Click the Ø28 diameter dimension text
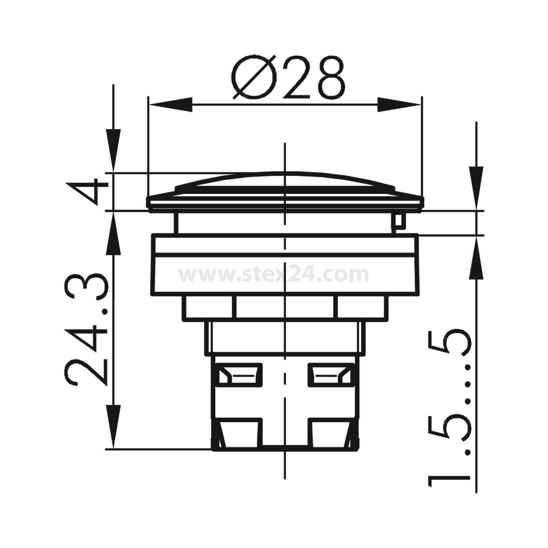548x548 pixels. pyautogui.click(x=289, y=77)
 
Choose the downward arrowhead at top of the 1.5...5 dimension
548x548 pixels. pyautogui.click(x=476, y=188)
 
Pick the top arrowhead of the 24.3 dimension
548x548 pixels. pyautogui.click(x=114, y=234)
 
